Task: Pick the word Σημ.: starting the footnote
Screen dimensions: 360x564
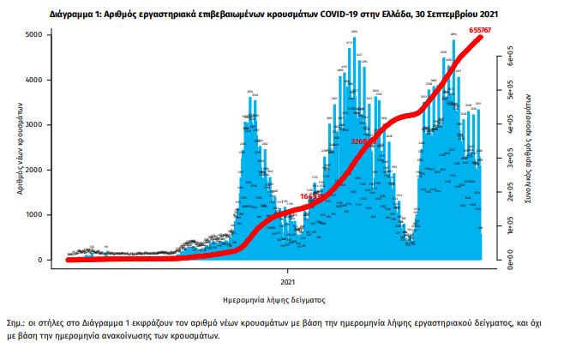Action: pyautogui.click(x=16, y=324)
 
